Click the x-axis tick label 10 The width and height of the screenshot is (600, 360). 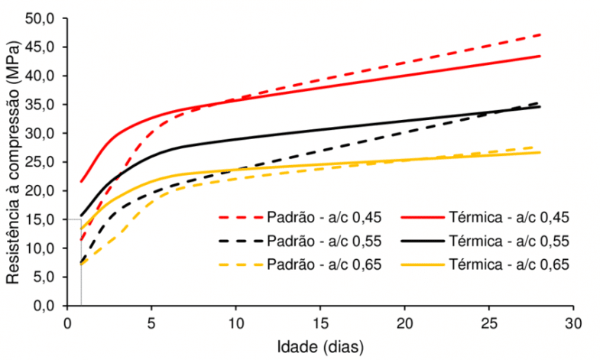235,321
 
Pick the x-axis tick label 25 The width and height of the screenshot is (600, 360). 489,321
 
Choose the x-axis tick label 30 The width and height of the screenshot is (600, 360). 573,321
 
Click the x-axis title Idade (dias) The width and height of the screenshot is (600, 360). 320,345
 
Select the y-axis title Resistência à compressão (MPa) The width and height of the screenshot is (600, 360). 14,162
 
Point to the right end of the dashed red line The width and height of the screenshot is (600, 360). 540,34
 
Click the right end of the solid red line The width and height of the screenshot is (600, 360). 540,56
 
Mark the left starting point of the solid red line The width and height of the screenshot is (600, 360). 81,182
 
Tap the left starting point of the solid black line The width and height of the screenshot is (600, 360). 81,216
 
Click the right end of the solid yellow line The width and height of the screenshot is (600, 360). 540,152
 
